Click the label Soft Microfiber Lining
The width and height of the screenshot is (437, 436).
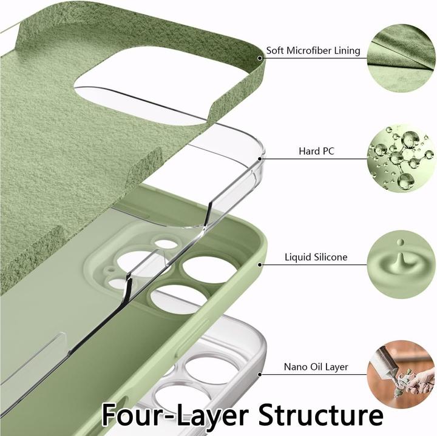pyautogui.click(x=313, y=51)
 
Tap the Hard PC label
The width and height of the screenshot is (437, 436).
pyautogui.click(x=316, y=151)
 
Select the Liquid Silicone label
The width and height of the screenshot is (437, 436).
pyautogui.click(x=316, y=257)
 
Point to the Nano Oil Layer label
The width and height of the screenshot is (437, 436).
pyautogui.click(x=316, y=367)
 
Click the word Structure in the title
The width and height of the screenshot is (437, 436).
pyautogui.click(x=321, y=415)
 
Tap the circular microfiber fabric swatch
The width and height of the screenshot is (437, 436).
pyautogui.click(x=402, y=58)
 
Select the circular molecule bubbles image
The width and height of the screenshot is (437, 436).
pyautogui.click(x=402, y=158)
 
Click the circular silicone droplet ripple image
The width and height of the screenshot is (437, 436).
pyautogui.click(x=402, y=264)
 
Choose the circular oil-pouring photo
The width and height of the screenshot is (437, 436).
pyautogui.click(x=402, y=374)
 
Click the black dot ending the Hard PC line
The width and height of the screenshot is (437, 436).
pyautogui.click(x=260, y=159)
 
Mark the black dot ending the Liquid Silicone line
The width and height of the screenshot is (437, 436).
pyautogui.click(x=260, y=264)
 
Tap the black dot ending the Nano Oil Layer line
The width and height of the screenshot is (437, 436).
pyautogui.click(x=260, y=375)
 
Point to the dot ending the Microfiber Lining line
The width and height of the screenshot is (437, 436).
pyautogui.click(x=260, y=58)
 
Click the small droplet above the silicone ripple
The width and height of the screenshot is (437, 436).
pyautogui.click(x=401, y=242)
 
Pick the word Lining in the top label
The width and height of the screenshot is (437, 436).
pyautogui.click(x=347, y=51)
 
